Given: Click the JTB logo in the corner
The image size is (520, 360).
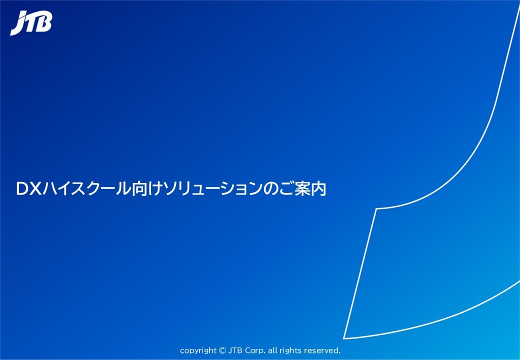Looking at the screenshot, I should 31,23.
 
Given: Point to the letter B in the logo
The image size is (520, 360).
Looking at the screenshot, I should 44,23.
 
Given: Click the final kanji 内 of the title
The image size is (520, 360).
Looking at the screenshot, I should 318,189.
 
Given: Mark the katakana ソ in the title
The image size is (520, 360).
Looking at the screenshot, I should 163,189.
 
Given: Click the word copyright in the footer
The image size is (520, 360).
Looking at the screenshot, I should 197,350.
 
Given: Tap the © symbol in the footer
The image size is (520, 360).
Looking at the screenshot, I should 222,350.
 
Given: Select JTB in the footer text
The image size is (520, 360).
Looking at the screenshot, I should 235,350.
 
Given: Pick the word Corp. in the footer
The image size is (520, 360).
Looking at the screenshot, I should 254,350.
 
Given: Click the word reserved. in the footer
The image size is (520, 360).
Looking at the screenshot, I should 322,350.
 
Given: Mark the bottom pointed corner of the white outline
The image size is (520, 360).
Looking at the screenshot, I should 344,338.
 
